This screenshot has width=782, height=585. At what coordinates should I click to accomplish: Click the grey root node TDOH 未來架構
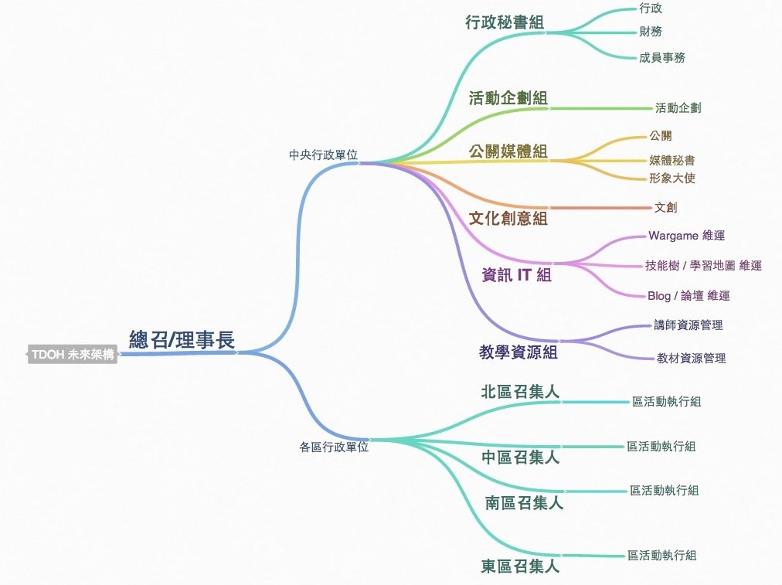[73, 355]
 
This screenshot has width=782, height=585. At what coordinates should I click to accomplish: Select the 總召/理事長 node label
[182, 339]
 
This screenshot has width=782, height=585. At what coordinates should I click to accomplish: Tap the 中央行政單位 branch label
[323, 155]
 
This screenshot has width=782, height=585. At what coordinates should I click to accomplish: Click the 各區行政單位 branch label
[334, 446]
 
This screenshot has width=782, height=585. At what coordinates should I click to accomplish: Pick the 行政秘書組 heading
[505, 22]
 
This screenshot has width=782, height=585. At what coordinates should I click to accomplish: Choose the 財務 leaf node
[650, 32]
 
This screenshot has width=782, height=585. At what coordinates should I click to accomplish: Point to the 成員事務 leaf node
[661, 57]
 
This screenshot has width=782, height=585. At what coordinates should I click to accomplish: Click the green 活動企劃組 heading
[508, 98]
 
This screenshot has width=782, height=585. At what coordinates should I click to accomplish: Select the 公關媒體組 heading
[508, 151]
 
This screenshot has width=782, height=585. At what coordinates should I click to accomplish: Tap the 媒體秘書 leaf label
[671, 161]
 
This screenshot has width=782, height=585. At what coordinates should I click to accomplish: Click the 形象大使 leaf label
[671, 178]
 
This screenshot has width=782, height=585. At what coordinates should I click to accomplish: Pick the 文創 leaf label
[665, 207]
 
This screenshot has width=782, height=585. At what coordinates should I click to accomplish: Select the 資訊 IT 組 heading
[516, 274]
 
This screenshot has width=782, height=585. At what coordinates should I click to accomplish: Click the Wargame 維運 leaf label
[686, 236]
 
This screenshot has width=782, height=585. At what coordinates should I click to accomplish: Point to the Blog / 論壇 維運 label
[688, 295]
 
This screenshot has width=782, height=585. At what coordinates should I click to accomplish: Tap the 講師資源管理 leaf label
[688, 325]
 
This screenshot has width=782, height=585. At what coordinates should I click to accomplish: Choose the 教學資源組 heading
[518, 352]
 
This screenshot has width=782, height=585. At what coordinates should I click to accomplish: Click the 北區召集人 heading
[519, 392]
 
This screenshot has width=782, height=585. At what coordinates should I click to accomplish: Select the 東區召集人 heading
[519, 567]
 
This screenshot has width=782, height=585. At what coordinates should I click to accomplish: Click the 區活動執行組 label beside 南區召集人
[664, 490]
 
